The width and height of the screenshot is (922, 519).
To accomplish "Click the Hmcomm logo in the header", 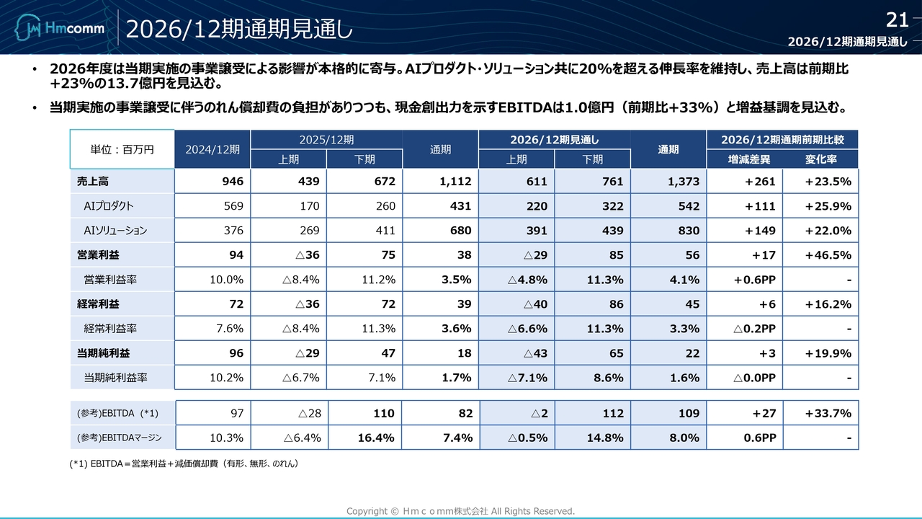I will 60,29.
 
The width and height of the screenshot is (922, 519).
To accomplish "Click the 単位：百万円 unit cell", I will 122,149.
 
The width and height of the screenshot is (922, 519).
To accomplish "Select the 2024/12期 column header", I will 212,149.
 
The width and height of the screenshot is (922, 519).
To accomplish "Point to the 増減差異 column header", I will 744,159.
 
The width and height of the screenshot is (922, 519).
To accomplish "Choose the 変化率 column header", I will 820,159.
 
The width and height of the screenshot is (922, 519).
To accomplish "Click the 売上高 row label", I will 93,182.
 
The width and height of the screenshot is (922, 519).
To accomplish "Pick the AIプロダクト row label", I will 109,206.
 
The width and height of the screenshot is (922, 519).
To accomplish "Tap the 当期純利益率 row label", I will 116,378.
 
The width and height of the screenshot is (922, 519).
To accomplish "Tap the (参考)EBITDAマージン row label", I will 120,438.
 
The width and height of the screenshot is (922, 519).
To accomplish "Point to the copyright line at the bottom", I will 461,511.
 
